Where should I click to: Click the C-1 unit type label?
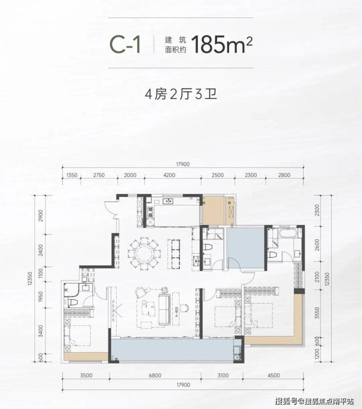(125, 45)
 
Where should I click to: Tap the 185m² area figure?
(222, 45)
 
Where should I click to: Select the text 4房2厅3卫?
(181, 94)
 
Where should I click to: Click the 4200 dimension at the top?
(169, 175)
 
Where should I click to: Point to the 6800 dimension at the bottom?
(155, 375)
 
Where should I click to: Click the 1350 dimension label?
(71, 175)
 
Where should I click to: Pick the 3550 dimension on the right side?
(317, 312)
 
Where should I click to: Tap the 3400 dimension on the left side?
(41, 331)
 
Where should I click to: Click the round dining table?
(144, 253)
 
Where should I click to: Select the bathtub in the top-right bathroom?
(288, 233)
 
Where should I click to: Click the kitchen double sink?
(168, 201)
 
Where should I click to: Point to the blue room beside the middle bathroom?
(245, 248)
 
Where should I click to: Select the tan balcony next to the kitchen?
(214, 210)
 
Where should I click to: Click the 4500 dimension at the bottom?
(273, 375)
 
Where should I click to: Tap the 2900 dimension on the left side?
(41, 216)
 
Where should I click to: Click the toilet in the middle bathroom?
(207, 247)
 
